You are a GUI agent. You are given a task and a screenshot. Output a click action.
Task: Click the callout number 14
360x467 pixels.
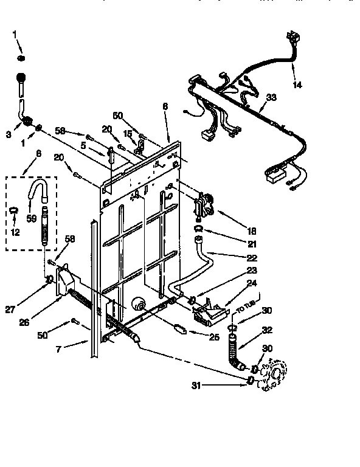(297, 85)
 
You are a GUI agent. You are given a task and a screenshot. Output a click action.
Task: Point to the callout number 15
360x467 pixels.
(126, 133)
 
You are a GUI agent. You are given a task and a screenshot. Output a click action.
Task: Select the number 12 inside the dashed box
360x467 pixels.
(16, 232)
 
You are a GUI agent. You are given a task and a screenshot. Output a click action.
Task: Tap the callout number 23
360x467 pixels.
(251, 271)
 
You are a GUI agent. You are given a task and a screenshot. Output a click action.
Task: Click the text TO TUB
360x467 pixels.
(246, 304)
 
